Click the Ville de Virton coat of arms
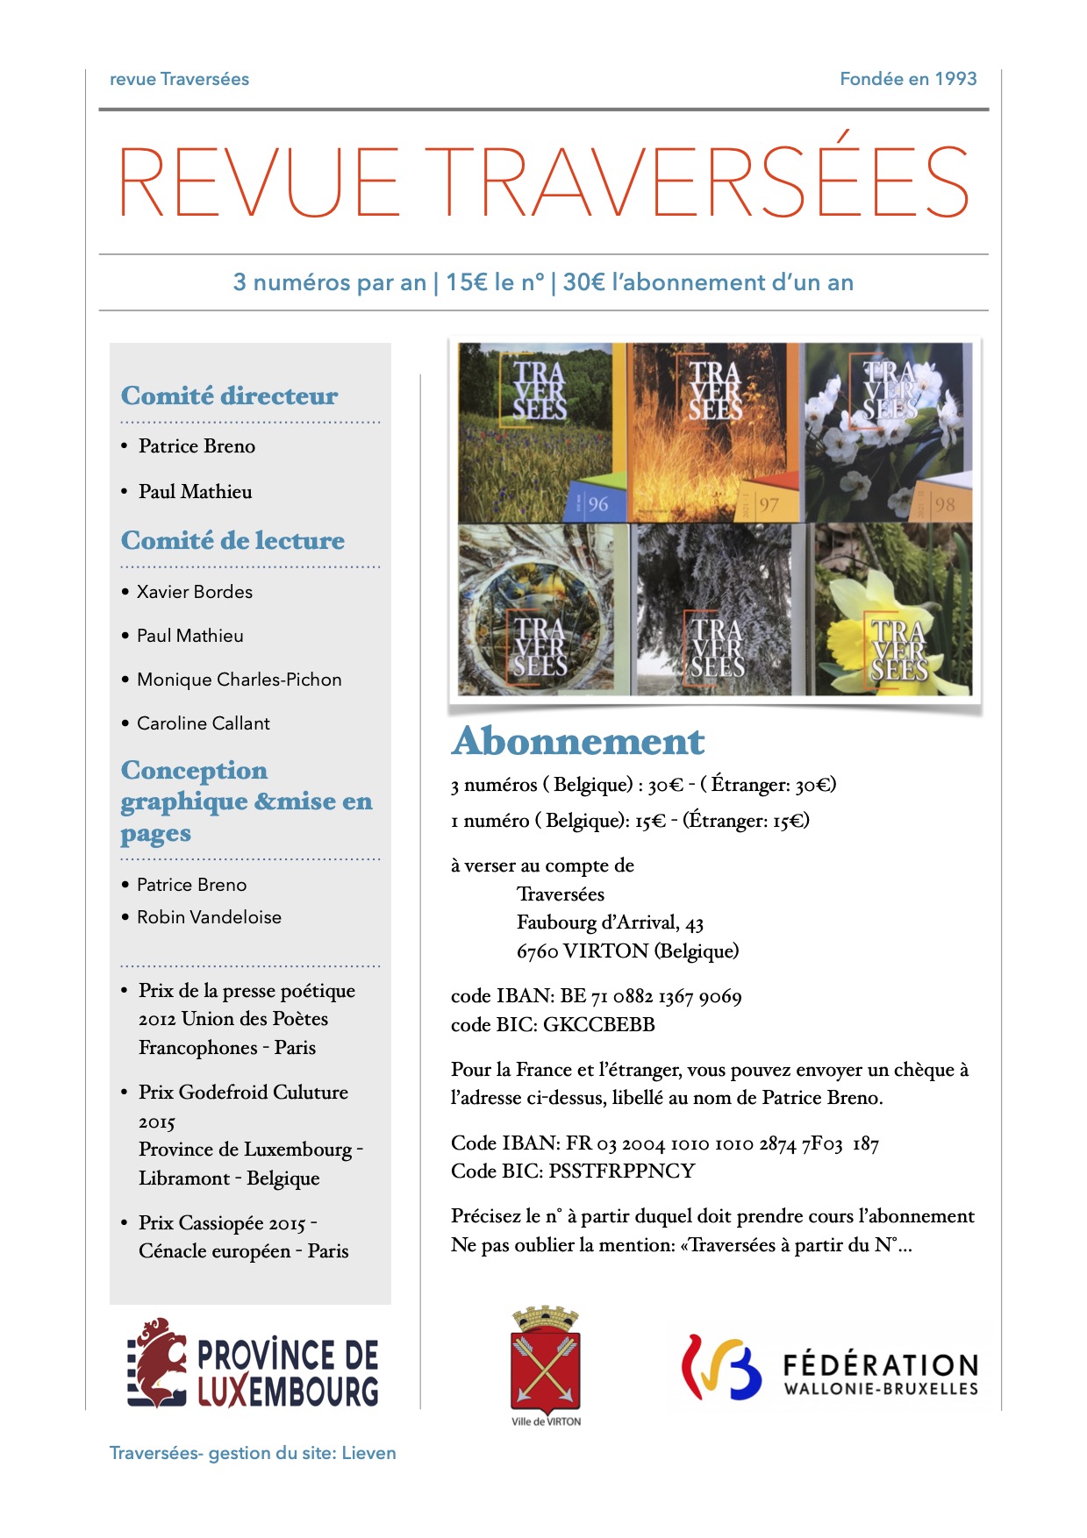[x=545, y=1362]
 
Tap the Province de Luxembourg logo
[x=253, y=1364]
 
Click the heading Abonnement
[x=577, y=742]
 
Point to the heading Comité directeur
[x=229, y=395]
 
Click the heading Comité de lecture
[x=232, y=540]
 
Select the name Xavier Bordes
[x=195, y=592]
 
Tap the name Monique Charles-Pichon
[x=239, y=680]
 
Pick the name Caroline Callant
[x=204, y=723]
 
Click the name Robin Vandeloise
[x=209, y=917]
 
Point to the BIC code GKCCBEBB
[x=599, y=1025]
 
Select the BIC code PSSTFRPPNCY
[x=622, y=1171]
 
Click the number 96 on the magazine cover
[x=597, y=504]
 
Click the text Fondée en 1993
[x=908, y=79]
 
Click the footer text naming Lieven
[x=253, y=1453]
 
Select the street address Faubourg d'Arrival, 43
[x=610, y=922]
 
